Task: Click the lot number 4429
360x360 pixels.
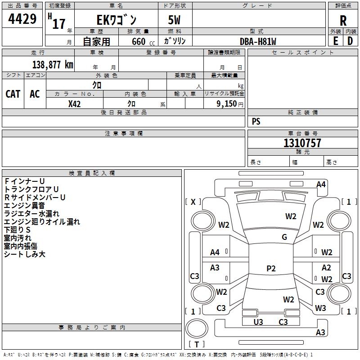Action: [x=22, y=20]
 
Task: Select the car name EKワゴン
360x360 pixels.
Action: [x=117, y=20]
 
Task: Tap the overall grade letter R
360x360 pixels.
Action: [x=343, y=20]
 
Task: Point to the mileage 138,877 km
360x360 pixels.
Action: [x=53, y=65]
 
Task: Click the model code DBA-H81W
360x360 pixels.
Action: [x=258, y=41]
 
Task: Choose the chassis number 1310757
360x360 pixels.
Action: [x=302, y=143]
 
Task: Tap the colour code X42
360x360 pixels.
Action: [x=74, y=104]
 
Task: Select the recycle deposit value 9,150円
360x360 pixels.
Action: [x=229, y=104]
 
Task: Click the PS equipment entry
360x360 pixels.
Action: [x=256, y=121]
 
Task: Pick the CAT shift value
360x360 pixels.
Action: [x=13, y=94]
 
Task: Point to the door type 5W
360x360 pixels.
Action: [x=175, y=20]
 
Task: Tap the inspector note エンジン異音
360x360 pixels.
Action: [x=24, y=206]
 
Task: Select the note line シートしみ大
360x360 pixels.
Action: [x=25, y=254]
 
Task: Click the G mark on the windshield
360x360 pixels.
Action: [x=284, y=237]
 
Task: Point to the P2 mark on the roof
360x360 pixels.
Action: [x=271, y=269]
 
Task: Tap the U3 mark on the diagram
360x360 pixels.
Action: [x=258, y=322]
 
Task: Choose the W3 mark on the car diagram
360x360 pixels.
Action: [x=320, y=308]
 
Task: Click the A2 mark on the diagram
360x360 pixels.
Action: [x=326, y=268]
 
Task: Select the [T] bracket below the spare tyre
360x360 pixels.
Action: [x=197, y=345]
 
